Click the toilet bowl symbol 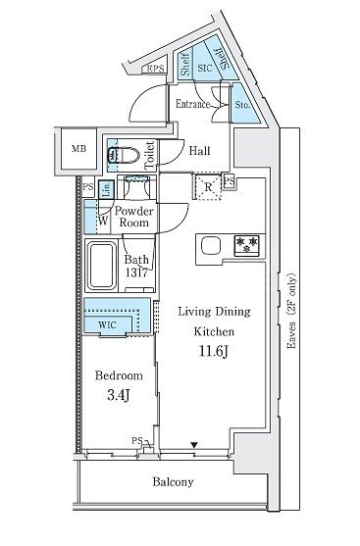click(123, 155)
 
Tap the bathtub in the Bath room click(101, 266)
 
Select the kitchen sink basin click(211, 246)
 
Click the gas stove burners click(247, 245)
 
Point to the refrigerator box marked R click(208, 187)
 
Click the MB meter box click(79, 149)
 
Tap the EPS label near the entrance click(155, 69)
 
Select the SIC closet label click(205, 68)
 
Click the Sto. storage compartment click(244, 105)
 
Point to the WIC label click(107, 325)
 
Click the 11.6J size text click(213, 351)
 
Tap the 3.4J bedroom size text click(119, 395)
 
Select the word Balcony click(173, 482)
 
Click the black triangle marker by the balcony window click(194, 445)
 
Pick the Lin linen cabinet click(106, 189)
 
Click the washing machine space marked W click(97, 217)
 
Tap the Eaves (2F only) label click(291, 312)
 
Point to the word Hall click(200, 151)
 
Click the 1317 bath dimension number click(136, 273)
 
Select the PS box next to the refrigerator click(229, 181)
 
